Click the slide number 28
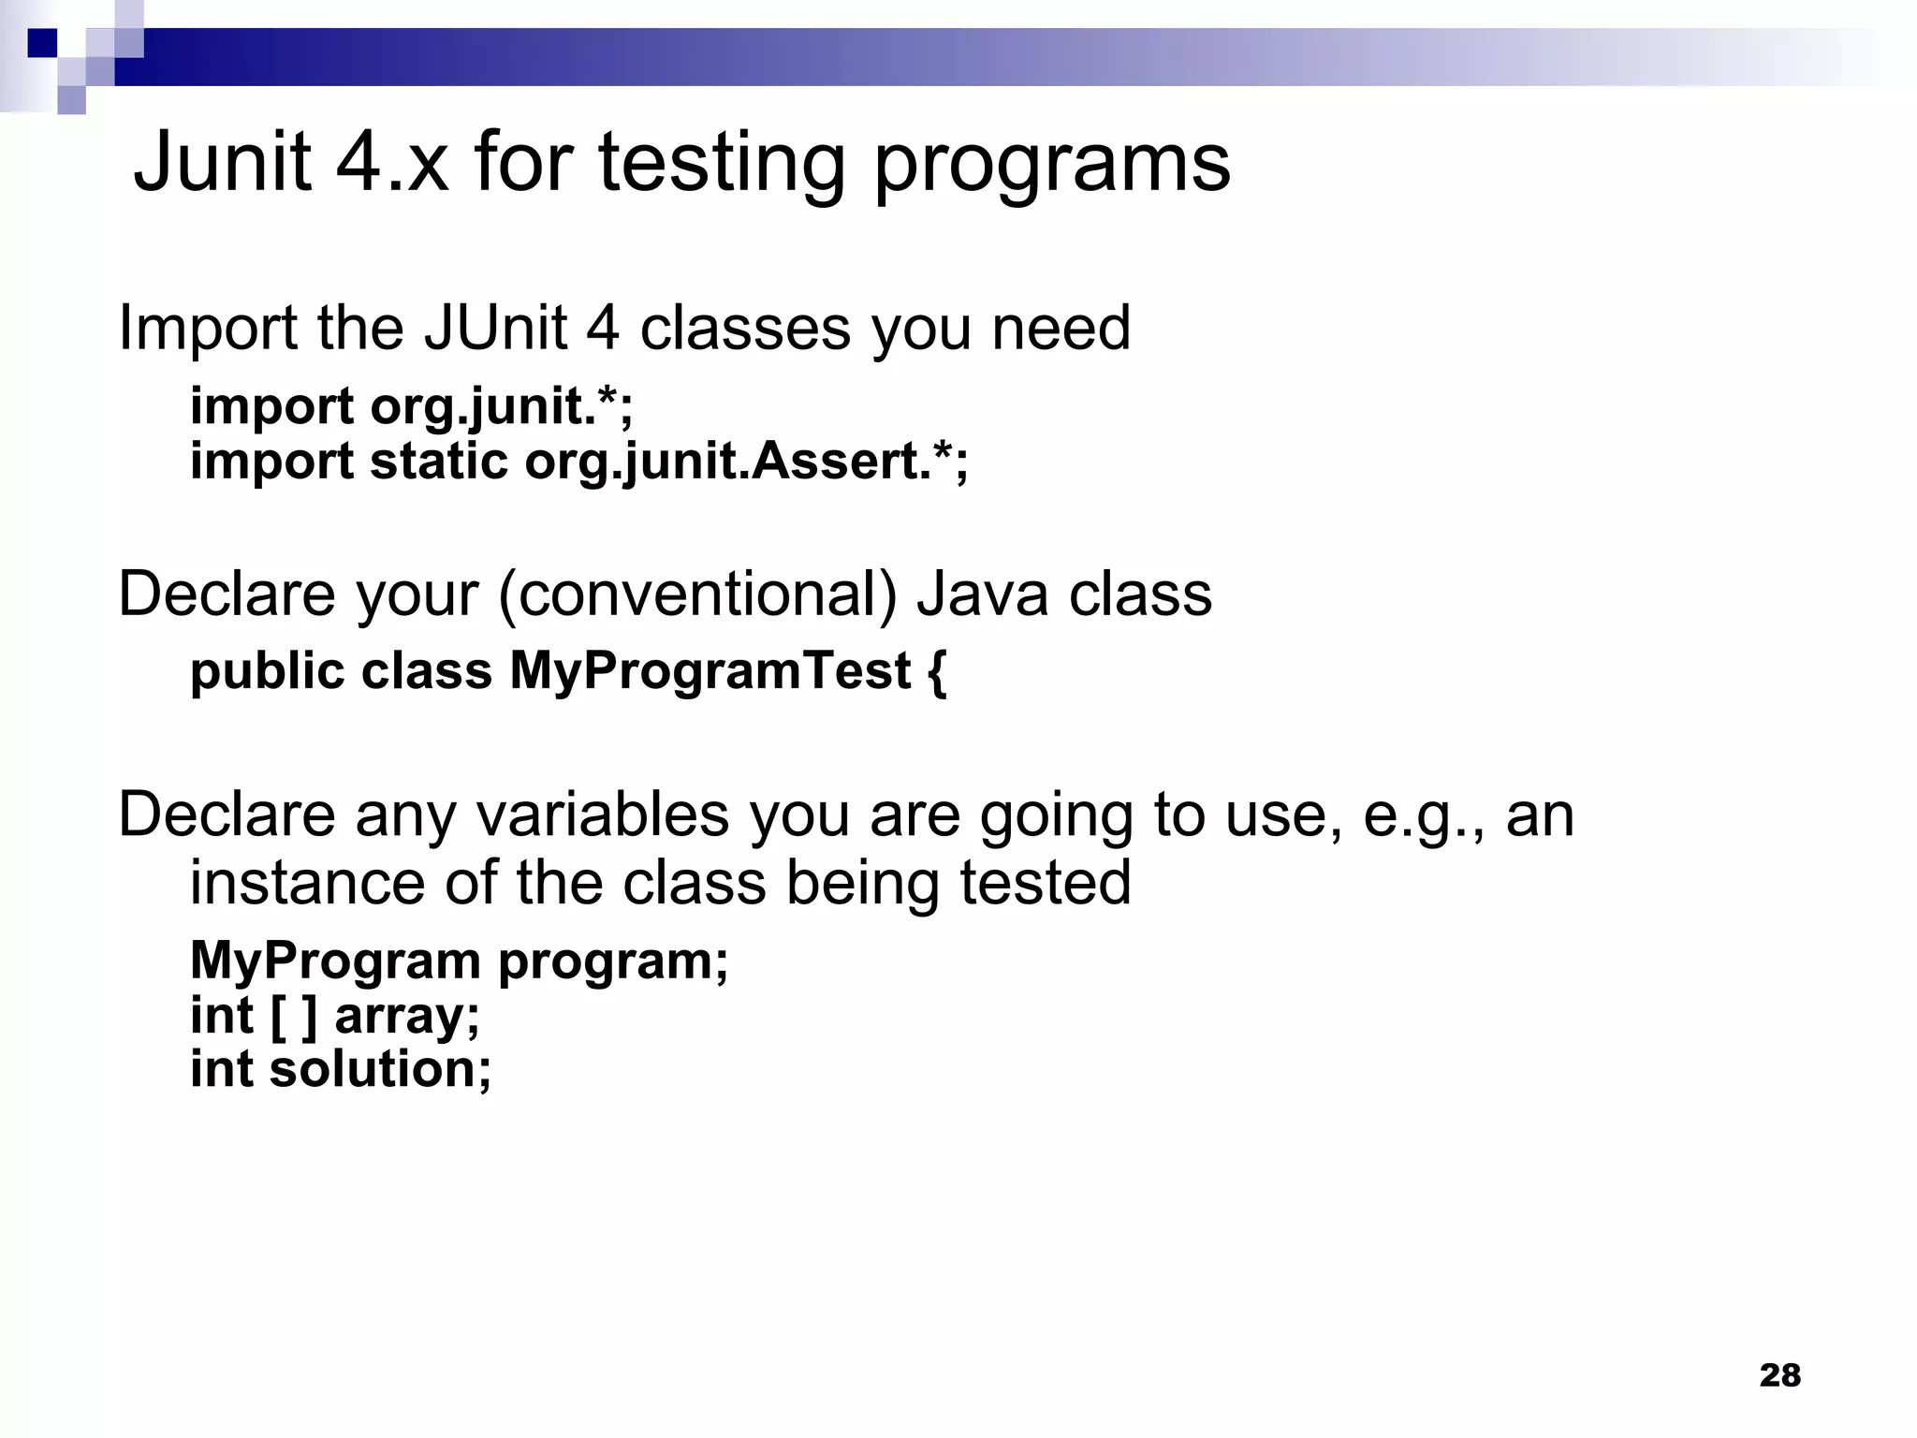point(1779,1375)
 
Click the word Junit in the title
point(222,163)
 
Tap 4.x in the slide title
point(391,163)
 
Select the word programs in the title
point(1051,165)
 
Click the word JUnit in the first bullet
point(494,329)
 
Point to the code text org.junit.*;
point(502,406)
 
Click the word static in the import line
point(439,462)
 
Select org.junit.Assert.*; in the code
point(746,462)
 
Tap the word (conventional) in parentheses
point(697,595)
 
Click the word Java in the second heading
point(982,595)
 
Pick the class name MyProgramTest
point(710,671)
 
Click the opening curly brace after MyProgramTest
point(937,671)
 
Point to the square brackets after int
point(293,1016)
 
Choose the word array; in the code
point(407,1017)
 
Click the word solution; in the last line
point(380,1070)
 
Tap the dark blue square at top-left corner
point(42,42)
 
